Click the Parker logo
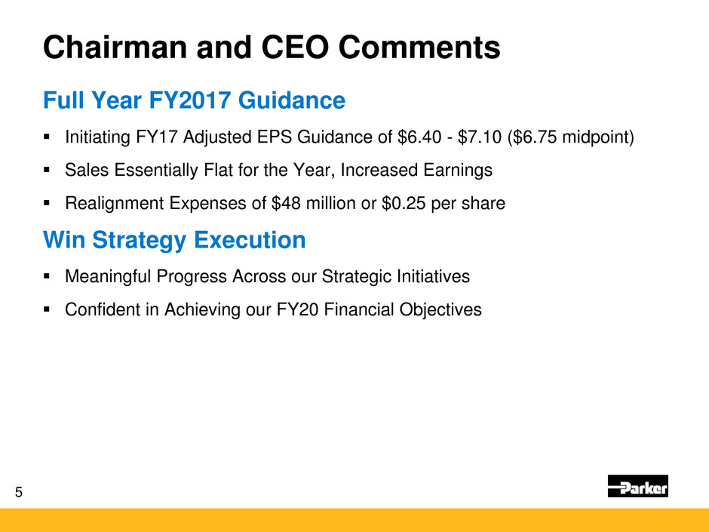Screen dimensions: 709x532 (x=637, y=486)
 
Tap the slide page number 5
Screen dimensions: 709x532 (x=19, y=492)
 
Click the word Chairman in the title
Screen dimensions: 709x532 (x=115, y=47)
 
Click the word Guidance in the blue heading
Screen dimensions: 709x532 (x=292, y=100)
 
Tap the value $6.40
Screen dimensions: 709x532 (x=419, y=137)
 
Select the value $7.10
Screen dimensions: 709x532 (x=479, y=137)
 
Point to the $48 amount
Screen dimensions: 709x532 (x=286, y=203)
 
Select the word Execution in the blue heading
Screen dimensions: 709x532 (x=250, y=240)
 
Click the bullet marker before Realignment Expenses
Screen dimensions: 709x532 (x=46, y=203)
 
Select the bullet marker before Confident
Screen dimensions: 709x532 (x=46, y=309)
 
